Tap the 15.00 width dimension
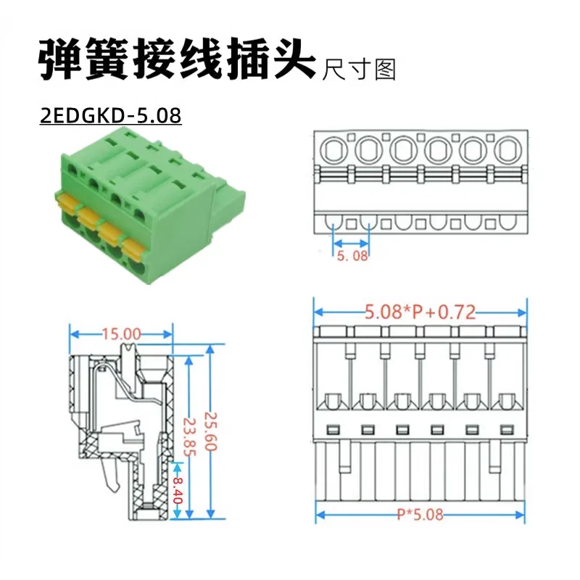click(x=121, y=333)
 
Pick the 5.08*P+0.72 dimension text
click(x=420, y=312)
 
